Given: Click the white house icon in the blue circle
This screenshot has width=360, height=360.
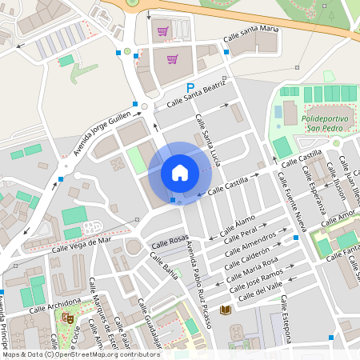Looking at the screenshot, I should click(x=179, y=172).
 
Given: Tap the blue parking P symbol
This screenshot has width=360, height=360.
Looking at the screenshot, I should click(x=190, y=88).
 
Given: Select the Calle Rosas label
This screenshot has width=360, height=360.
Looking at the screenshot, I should click(x=169, y=240).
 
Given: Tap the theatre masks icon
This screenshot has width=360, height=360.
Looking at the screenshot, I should click(x=68, y=318).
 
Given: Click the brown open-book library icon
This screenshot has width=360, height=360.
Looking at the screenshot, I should click(x=226, y=310).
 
